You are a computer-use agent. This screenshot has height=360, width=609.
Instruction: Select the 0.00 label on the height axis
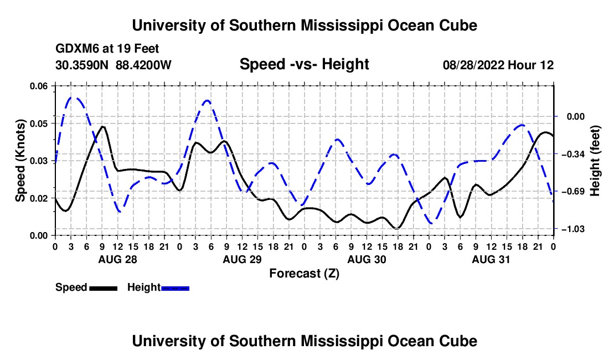tap(576, 116)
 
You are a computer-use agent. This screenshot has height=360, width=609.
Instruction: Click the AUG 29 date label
tap(242, 259)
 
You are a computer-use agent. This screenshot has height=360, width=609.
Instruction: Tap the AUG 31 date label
tap(491, 259)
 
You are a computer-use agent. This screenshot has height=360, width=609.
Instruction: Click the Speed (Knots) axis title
tap(20, 161)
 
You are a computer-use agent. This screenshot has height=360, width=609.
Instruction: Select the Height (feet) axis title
tap(595, 161)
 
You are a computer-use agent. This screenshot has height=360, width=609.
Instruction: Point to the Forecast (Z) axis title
tap(304, 274)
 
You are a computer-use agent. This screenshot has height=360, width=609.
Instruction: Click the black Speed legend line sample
tap(104, 289)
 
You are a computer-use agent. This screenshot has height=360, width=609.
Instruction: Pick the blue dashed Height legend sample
tap(175, 289)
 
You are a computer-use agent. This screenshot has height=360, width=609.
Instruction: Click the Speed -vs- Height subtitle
tap(304, 64)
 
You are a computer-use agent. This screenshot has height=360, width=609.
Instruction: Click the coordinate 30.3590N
tap(82, 65)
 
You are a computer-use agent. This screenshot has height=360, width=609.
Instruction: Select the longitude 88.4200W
tap(143, 65)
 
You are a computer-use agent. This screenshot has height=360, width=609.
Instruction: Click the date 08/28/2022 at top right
tap(473, 65)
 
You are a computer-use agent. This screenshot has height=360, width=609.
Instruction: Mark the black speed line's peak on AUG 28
tap(102, 126)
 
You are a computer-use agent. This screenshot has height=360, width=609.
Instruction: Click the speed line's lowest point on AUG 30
tap(397, 228)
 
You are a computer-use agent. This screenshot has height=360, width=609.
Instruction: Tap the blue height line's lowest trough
tap(432, 223)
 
